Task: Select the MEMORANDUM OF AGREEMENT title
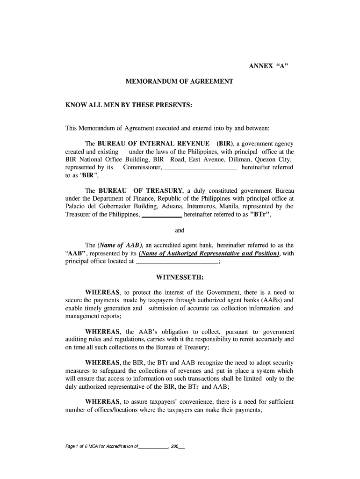click(180, 81)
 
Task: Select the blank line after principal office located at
click(177, 262)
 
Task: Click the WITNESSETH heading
click(180, 277)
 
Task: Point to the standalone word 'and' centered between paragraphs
click(180, 230)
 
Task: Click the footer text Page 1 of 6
click(78, 447)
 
